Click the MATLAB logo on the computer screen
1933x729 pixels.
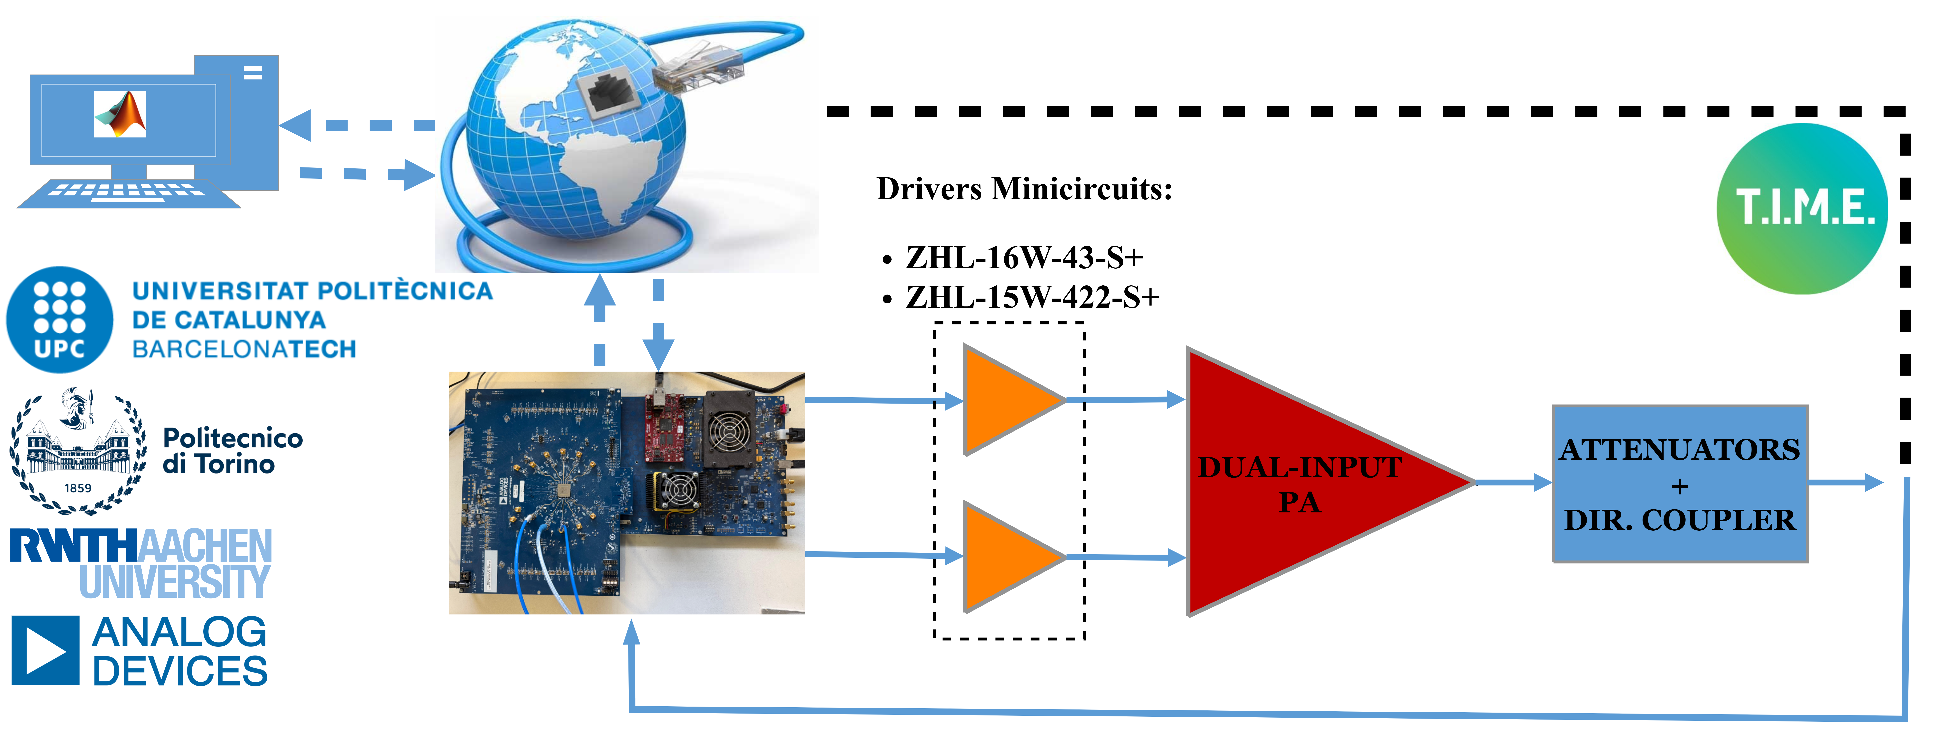click(x=120, y=114)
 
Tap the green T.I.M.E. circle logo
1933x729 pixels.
click(x=1802, y=208)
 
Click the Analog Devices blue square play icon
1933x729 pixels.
click(x=45, y=650)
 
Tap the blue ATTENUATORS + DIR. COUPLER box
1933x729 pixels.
click(x=1679, y=484)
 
